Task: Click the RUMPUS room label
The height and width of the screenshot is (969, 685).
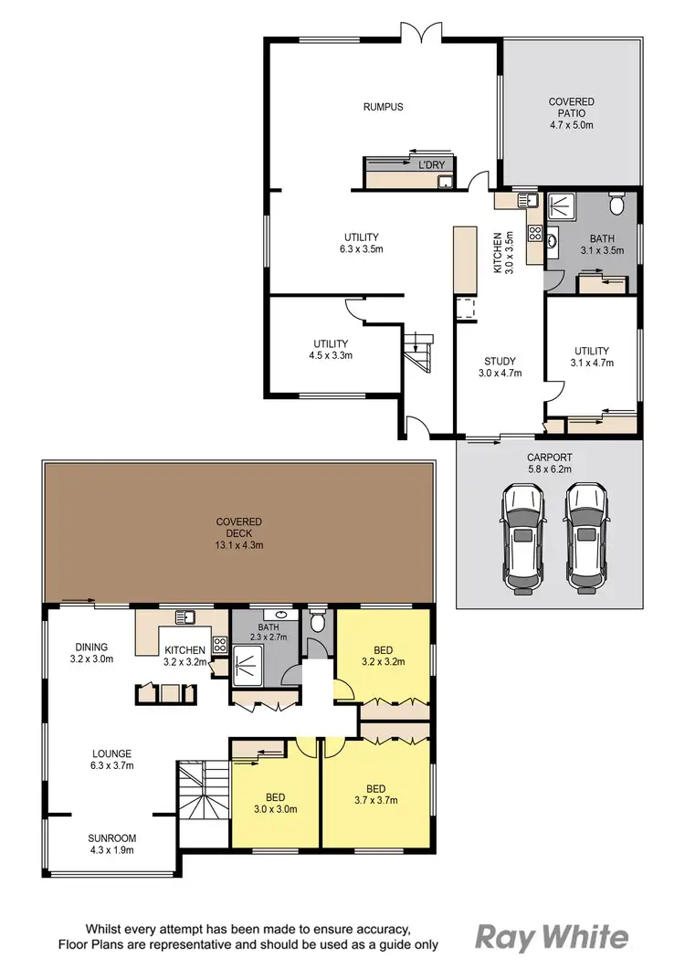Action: click(x=383, y=107)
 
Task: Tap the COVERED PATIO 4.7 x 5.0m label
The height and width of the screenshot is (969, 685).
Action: click(x=571, y=113)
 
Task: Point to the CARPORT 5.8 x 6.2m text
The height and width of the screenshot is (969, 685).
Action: click(x=548, y=464)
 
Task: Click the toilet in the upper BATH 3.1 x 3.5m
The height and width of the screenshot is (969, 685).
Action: click(x=617, y=203)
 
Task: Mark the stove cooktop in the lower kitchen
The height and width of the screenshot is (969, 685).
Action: click(x=220, y=645)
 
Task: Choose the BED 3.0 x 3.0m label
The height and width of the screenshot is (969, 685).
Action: click(x=274, y=802)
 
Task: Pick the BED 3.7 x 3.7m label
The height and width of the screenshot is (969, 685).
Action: click(x=374, y=794)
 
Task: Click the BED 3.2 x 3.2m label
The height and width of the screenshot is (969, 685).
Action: click(x=382, y=656)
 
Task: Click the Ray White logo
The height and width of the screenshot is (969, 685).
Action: click(x=552, y=937)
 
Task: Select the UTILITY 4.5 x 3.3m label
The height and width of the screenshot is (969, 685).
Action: click(x=329, y=350)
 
